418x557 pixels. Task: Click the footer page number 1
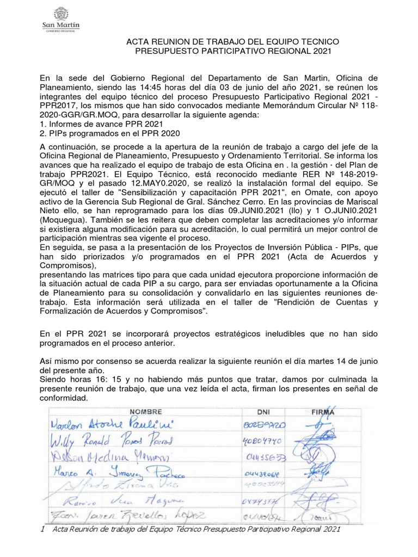point(42,529)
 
